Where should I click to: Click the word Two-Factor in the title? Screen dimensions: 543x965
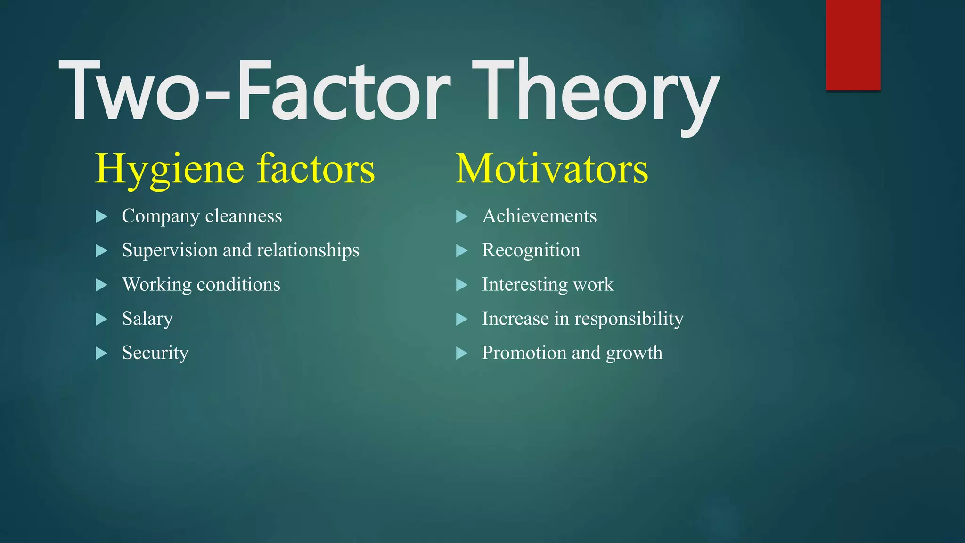(254, 92)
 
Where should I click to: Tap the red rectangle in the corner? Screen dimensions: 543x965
(853, 45)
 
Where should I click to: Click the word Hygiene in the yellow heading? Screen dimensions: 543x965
(170, 170)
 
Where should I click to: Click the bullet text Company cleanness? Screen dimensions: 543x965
(202, 216)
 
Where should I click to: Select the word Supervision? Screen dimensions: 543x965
(170, 250)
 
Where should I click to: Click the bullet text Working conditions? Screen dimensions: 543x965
(201, 285)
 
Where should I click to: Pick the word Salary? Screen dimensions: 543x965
(147, 319)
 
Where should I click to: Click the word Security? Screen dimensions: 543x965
(155, 353)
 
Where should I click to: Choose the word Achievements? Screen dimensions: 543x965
(539, 216)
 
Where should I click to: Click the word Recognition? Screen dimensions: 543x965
(531, 250)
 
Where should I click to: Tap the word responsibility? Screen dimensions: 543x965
(629, 319)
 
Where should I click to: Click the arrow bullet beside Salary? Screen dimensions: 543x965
(101, 319)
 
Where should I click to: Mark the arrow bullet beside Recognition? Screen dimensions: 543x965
(462, 250)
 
